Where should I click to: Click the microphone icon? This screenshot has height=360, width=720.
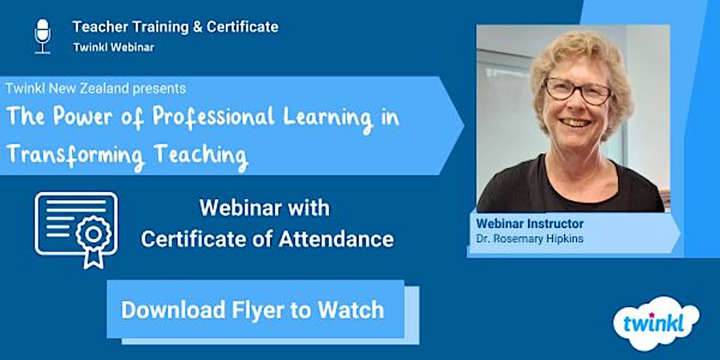(x=42, y=37)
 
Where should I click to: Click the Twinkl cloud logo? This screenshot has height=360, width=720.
(x=656, y=323)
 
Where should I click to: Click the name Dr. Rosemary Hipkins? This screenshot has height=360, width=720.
(x=530, y=239)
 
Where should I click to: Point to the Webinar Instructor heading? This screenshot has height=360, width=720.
(x=530, y=224)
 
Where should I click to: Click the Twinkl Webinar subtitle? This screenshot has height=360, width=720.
(x=114, y=47)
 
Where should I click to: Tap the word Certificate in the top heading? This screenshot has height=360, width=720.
(x=242, y=27)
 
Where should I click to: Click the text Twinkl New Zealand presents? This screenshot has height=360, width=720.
(x=95, y=89)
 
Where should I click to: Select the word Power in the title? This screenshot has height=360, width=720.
(x=83, y=116)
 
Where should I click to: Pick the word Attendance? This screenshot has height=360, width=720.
(x=336, y=239)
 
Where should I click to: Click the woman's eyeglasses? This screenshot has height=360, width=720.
(x=577, y=91)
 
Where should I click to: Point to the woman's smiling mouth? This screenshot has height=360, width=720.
(x=575, y=122)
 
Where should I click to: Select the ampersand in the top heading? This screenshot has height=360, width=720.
(x=198, y=27)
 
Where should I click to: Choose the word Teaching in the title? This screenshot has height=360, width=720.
(x=201, y=156)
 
